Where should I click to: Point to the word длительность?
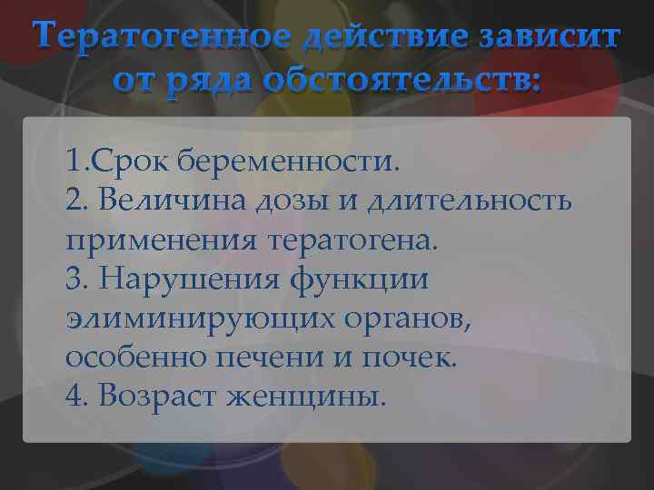click(x=470, y=201)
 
